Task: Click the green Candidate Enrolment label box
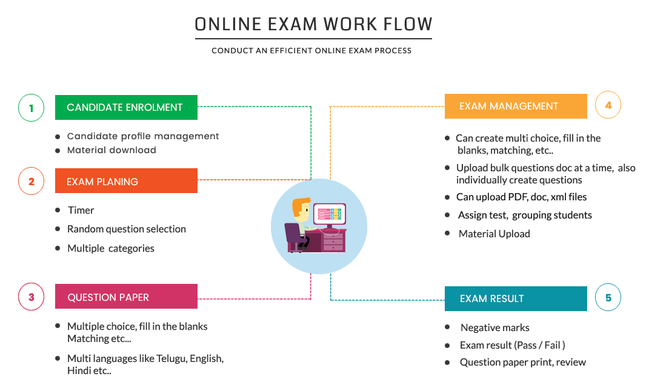click(x=126, y=107)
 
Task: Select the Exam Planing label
click(x=126, y=181)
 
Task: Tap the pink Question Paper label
click(x=126, y=297)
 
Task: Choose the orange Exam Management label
click(x=515, y=106)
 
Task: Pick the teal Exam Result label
click(x=515, y=298)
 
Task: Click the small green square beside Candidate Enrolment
click(x=31, y=108)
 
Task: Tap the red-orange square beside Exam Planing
click(x=31, y=181)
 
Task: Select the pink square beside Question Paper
click(x=31, y=297)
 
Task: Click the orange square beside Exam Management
click(x=608, y=104)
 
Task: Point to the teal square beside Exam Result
click(x=608, y=297)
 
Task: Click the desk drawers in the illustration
click(x=333, y=241)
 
